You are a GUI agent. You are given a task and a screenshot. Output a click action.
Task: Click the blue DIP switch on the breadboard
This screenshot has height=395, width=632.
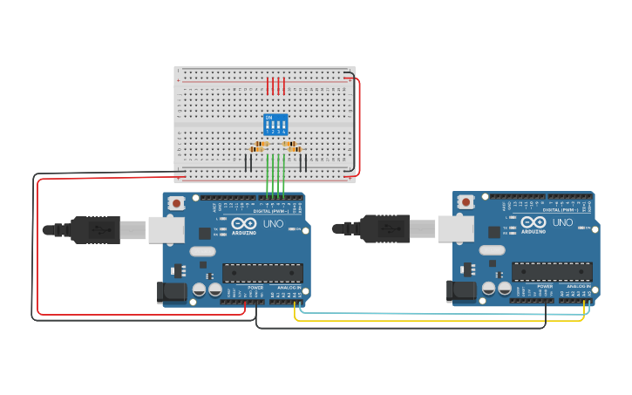[275, 125]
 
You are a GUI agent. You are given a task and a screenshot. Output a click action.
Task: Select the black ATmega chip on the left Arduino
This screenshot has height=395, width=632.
[262, 273]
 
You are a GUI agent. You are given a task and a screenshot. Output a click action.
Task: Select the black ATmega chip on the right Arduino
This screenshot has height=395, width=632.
[552, 271]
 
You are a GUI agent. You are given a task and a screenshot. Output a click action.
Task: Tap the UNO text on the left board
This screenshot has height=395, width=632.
[273, 223]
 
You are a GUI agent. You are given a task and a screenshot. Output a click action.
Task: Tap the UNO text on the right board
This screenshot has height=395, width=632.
[562, 222]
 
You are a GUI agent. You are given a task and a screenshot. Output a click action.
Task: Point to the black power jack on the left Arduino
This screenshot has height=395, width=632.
[172, 293]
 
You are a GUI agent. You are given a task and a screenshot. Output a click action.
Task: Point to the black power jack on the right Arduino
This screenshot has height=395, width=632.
[461, 291]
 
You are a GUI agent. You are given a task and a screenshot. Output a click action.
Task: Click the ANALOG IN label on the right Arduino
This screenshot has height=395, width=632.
[576, 286]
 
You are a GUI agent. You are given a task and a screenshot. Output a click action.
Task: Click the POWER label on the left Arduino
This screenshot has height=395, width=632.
[255, 288]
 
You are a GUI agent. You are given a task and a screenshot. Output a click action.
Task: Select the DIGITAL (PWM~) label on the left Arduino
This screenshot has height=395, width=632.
[271, 211]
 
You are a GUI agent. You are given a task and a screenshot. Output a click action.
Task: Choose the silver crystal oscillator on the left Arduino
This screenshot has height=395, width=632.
[201, 251]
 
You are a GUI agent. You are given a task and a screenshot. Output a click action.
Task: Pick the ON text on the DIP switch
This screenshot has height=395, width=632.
[268, 117]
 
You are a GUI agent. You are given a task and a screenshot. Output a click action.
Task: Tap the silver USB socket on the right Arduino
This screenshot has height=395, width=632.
[455, 228]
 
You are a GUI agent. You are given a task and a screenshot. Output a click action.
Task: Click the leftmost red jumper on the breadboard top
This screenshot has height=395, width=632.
[268, 85]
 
